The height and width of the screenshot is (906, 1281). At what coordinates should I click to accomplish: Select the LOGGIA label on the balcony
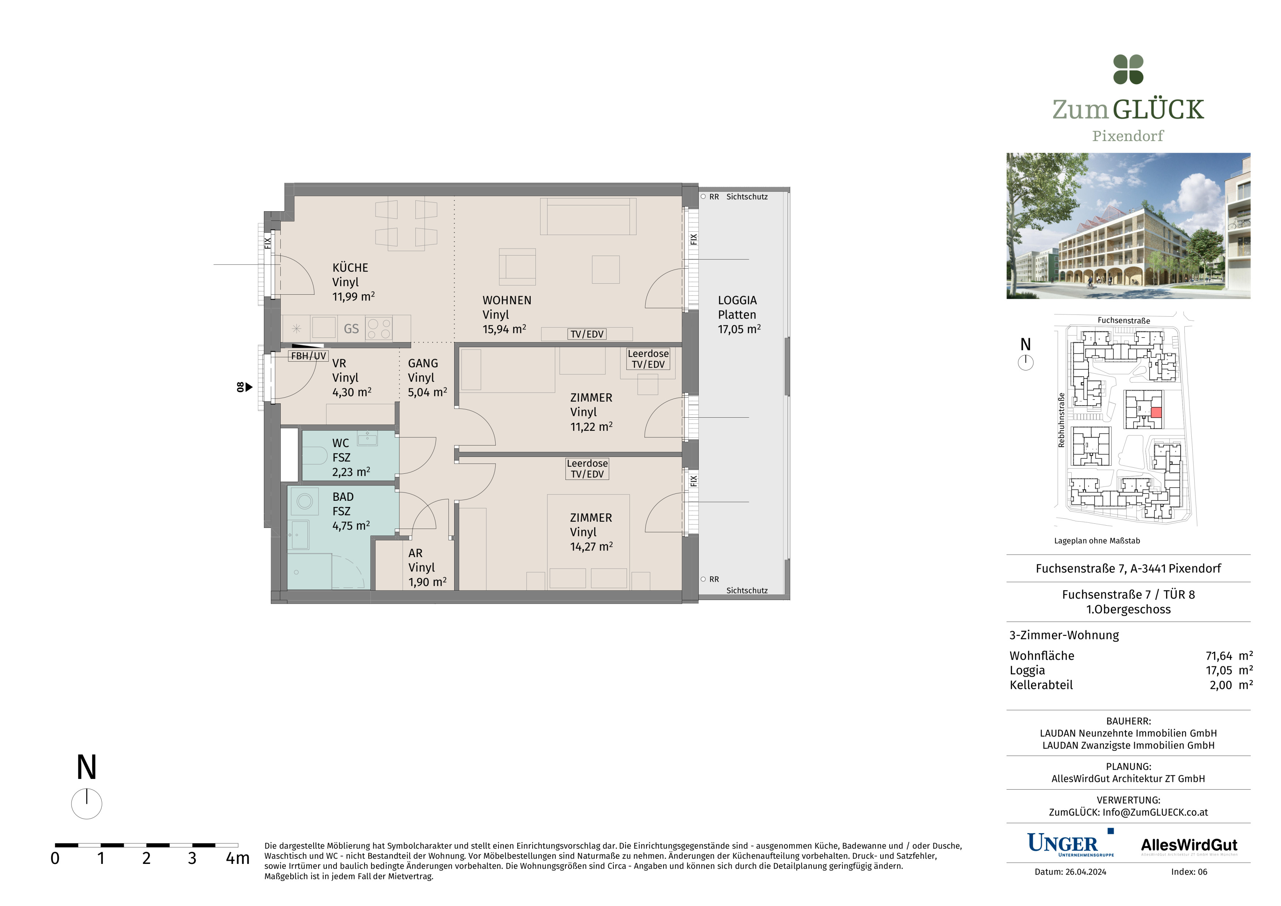737,300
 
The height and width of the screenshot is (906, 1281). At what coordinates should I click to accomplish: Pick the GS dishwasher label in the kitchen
351,329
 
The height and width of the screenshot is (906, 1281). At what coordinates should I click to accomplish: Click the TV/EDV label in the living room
587,334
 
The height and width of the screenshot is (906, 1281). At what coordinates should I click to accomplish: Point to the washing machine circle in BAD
305,501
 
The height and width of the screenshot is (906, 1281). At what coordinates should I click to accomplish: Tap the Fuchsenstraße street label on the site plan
1124,320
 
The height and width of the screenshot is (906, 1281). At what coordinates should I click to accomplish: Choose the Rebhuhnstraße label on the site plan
1061,420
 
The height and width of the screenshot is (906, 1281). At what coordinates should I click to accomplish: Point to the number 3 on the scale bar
192,858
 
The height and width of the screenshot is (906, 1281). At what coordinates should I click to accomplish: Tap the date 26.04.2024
1085,872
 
